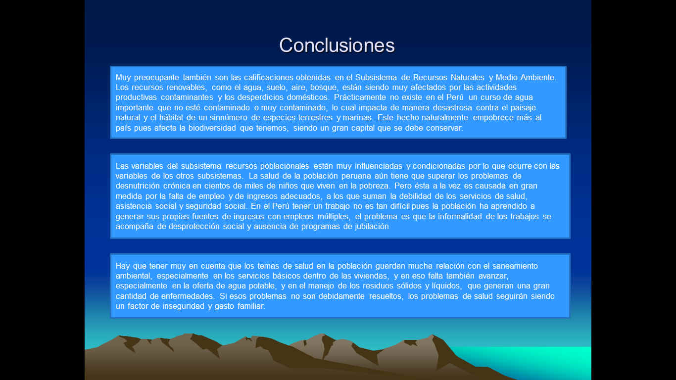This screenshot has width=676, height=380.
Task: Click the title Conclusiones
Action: [337, 46]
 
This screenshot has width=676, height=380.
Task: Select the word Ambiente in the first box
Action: [538, 78]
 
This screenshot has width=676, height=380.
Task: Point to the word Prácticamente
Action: [360, 97]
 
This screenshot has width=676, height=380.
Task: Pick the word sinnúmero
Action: [224, 118]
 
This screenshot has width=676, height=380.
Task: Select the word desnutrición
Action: [138, 186]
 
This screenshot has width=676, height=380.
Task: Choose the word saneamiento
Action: [515, 266]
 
